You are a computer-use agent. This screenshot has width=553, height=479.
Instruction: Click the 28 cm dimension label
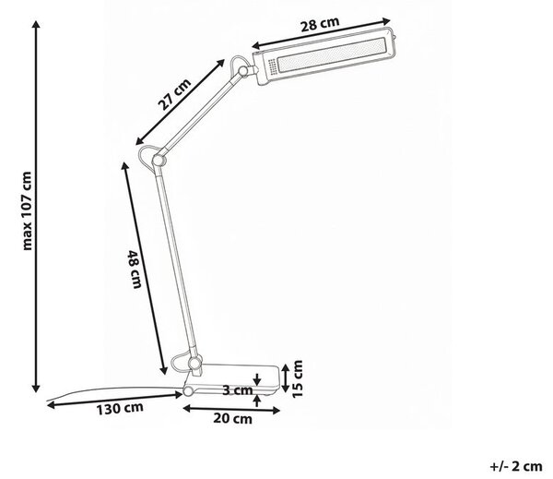[320, 24]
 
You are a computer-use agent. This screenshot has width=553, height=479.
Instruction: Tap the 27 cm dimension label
[174, 94]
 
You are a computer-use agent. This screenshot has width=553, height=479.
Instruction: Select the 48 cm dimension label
[135, 269]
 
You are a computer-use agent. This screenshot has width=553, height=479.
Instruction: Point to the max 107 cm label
[27, 210]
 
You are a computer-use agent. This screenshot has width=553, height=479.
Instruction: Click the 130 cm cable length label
[120, 408]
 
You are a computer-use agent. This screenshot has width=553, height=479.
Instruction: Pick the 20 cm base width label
[233, 419]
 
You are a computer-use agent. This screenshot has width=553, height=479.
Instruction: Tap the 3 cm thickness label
[238, 390]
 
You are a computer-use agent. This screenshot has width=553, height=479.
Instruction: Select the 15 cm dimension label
[298, 378]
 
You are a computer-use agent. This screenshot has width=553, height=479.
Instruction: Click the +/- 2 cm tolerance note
[516, 466]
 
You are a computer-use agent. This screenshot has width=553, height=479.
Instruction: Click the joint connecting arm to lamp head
[243, 71]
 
